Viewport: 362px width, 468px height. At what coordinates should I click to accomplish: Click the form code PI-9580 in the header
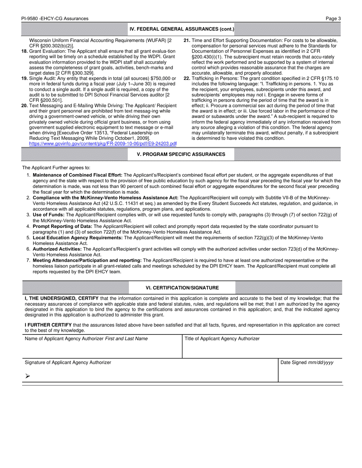(x=32, y=18)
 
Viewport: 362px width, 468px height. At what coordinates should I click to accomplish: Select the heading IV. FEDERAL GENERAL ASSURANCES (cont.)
(x=182, y=29)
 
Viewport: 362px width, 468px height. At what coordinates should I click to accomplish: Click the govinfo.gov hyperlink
(x=103, y=143)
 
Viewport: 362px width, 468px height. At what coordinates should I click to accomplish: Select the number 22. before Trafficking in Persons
(x=187, y=78)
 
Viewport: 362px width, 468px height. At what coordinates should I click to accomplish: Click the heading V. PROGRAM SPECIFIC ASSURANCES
(x=181, y=154)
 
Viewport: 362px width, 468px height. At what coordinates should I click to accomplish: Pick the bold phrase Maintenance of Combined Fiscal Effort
(x=77, y=175)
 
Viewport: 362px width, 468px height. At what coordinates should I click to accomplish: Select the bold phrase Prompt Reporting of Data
(x=62, y=226)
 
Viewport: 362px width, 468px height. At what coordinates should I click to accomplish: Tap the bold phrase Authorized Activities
(x=57, y=249)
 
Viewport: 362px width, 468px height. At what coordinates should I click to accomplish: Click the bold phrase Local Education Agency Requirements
(x=78, y=238)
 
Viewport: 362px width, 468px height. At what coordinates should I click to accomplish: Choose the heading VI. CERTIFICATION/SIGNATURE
(x=182, y=288)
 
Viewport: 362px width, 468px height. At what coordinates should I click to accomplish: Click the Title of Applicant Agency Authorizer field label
(x=222, y=339)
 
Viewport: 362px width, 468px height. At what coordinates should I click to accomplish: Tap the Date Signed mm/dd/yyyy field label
(x=307, y=363)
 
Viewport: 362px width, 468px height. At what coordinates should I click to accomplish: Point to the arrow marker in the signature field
(x=27, y=376)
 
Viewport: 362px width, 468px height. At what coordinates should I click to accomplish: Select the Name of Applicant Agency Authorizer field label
(x=86, y=339)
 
